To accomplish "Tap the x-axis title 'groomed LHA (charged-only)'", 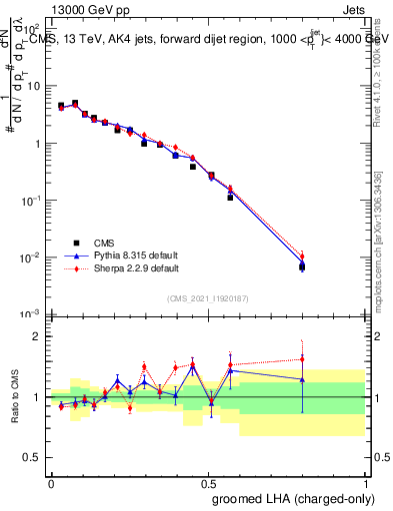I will coord(296,498).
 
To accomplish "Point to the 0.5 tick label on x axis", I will coord(208,482).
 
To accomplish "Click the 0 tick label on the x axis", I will coord(51,482).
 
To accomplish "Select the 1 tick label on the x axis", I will coord(365,482).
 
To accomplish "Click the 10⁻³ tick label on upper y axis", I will coord(31,314).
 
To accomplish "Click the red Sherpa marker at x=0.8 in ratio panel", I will coord(302,359).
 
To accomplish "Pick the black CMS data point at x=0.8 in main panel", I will coord(302,266).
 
